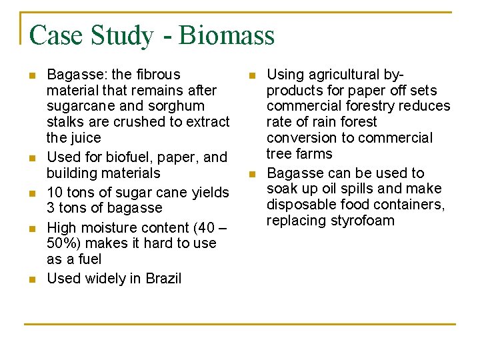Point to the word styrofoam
click(363, 221)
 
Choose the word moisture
click(109, 227)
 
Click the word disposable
click(298, 205)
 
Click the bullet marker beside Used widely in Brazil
click(33, 279)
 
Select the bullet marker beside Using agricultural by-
click(252, 75)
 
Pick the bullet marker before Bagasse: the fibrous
click(33, 75)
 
